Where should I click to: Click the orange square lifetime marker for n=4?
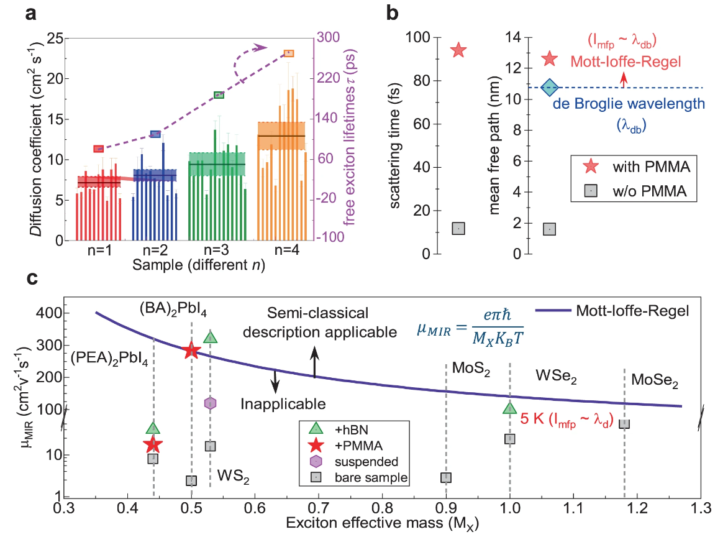pos(289,53)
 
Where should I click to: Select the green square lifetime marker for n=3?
pos(219,95)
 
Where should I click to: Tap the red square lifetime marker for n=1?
pos(98,149)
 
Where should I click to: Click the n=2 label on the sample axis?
pos(155,250)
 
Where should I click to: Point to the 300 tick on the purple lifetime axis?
pos(328,37)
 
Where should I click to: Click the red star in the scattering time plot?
pos(458,50)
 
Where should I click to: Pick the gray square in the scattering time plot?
pos(458,229)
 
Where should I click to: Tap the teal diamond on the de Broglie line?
pos(550,88)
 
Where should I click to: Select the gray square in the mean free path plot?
pos(550,229)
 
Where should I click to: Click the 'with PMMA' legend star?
pos(591,167)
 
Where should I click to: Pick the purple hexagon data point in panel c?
pos(211,403)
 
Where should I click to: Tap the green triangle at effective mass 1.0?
pos(510,408)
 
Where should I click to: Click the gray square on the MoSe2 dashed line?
pos(624,424)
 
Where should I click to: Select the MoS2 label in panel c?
pos(471,369)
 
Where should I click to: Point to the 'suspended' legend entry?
pos(366,462)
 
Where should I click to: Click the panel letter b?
pos(393,13)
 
